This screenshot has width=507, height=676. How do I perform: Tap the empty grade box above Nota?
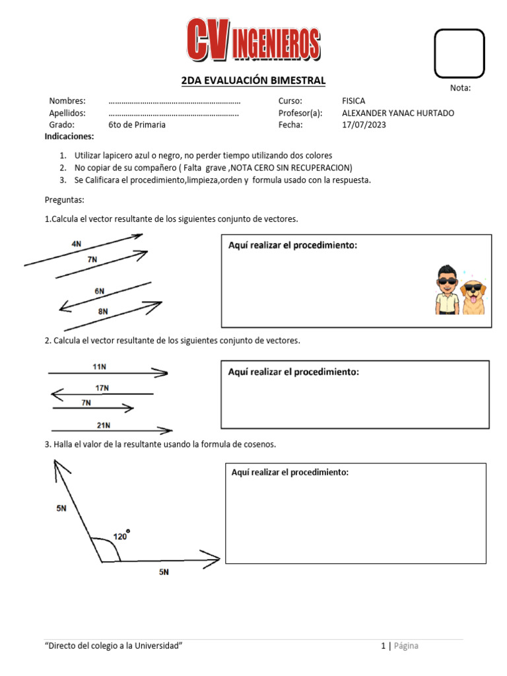(459, 53)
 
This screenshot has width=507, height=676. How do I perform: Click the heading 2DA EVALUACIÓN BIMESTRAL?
(253, 81)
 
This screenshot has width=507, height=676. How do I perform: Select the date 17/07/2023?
(364, 124)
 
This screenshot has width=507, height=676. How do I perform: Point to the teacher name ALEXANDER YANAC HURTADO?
(398, 113)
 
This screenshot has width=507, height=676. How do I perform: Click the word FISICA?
(353, 101)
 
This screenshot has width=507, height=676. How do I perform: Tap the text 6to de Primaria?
(137, 124)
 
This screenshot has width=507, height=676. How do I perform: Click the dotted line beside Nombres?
(174, 102)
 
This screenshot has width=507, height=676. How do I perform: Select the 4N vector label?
(77, 244)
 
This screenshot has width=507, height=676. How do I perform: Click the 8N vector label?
(102, 311)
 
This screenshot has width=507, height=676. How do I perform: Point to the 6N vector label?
(99, 290)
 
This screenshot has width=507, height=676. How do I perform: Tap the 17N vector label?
(101, 388)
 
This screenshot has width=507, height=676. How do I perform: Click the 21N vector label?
(104, 425)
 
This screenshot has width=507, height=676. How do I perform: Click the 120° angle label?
(121, 536)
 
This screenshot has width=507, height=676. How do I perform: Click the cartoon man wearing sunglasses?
(447, 290)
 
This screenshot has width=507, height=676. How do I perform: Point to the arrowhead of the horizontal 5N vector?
(213, 560)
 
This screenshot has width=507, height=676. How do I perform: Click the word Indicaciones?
(69, 137)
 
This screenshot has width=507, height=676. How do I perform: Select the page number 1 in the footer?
(383, 646)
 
